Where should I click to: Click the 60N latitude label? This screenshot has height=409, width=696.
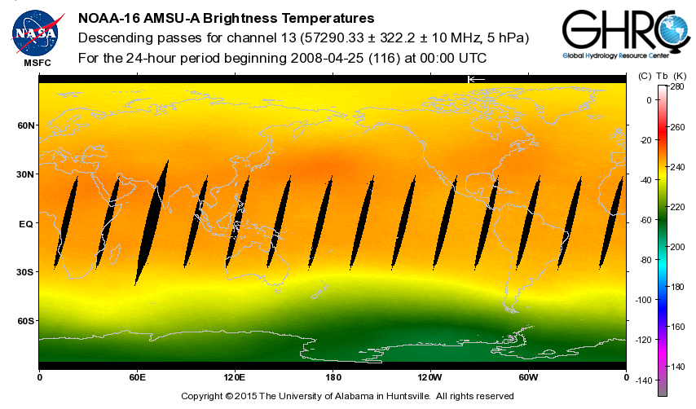[27, 125]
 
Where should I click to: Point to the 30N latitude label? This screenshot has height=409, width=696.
[27, 174]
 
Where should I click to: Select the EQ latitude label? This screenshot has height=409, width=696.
[26, 223]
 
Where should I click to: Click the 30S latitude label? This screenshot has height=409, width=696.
[27, 272]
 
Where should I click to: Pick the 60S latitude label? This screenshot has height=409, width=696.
[27, 321]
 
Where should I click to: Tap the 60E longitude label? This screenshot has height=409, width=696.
[137, 377]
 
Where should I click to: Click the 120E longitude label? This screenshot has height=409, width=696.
[235, 377]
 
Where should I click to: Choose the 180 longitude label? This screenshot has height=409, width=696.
[333, 377]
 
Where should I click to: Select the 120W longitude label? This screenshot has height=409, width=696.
[430, 377]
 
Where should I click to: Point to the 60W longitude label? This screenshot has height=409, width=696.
[528, 377]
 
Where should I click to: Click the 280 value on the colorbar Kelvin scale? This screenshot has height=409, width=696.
[676, 86]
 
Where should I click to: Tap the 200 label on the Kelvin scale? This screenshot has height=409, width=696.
[676, 246]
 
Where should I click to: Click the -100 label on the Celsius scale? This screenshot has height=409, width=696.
[643, 300]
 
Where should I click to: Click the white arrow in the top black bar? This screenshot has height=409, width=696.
[476, 79]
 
